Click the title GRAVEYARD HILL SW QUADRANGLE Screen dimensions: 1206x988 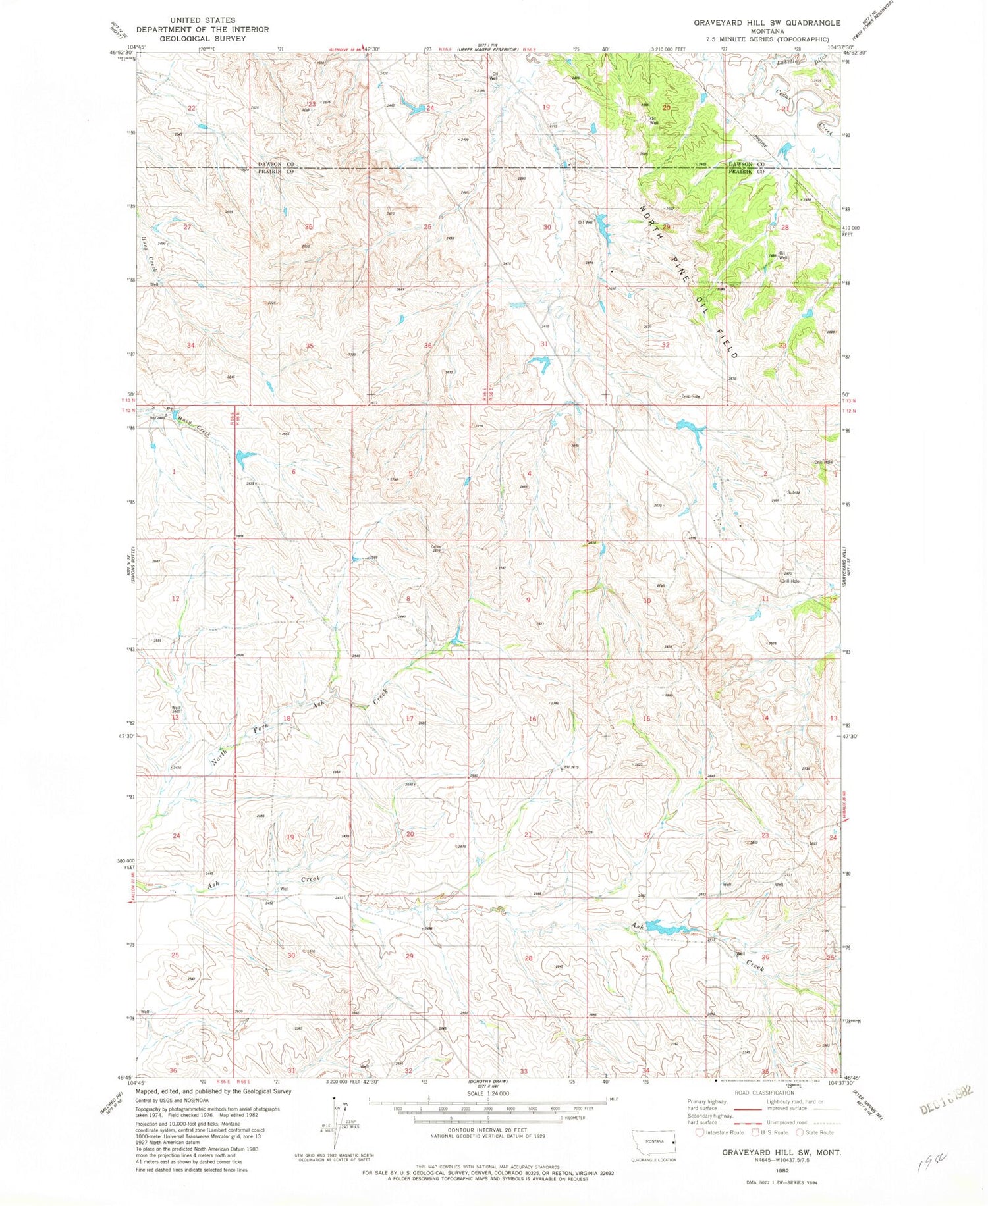766,23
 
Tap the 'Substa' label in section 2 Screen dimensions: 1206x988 794,492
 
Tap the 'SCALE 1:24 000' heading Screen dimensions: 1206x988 487,1093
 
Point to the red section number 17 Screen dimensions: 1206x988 410,718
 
